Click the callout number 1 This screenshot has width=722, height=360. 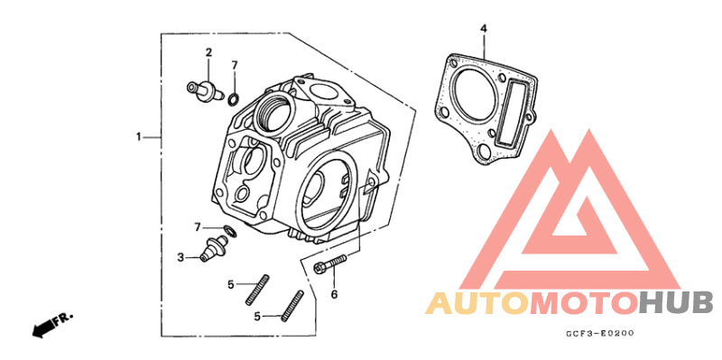[138, 137]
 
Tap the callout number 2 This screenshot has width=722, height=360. [208, 52]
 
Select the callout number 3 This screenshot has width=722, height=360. [181, 257]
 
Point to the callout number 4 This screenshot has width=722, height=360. [484, 29]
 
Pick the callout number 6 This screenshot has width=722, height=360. [334, 294]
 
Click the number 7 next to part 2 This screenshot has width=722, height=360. [235, 65]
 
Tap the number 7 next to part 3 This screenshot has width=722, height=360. [198, 227]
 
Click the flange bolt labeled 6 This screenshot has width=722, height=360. [329, 263]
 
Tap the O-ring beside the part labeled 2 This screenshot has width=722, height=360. [234, 98]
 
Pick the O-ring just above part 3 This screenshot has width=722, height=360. [230, 230]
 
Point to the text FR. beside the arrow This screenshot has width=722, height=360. [62, 318]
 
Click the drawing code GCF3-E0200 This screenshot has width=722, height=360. [601, 333]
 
